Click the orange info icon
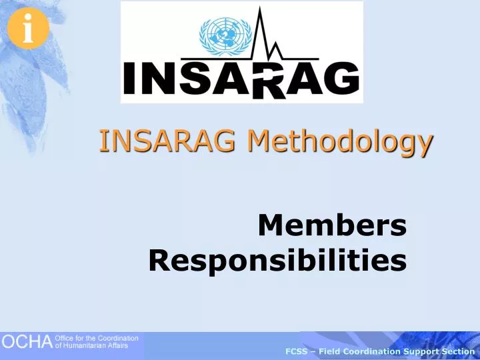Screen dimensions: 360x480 point(27,30)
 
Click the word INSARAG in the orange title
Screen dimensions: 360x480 point(168,141)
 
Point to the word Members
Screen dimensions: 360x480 point(332,226)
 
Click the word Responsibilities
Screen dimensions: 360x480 point(277,260)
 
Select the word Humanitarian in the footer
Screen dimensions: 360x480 point(84,345)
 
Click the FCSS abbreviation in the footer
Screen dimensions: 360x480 point(296,351)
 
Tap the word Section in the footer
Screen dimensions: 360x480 point(455,351)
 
